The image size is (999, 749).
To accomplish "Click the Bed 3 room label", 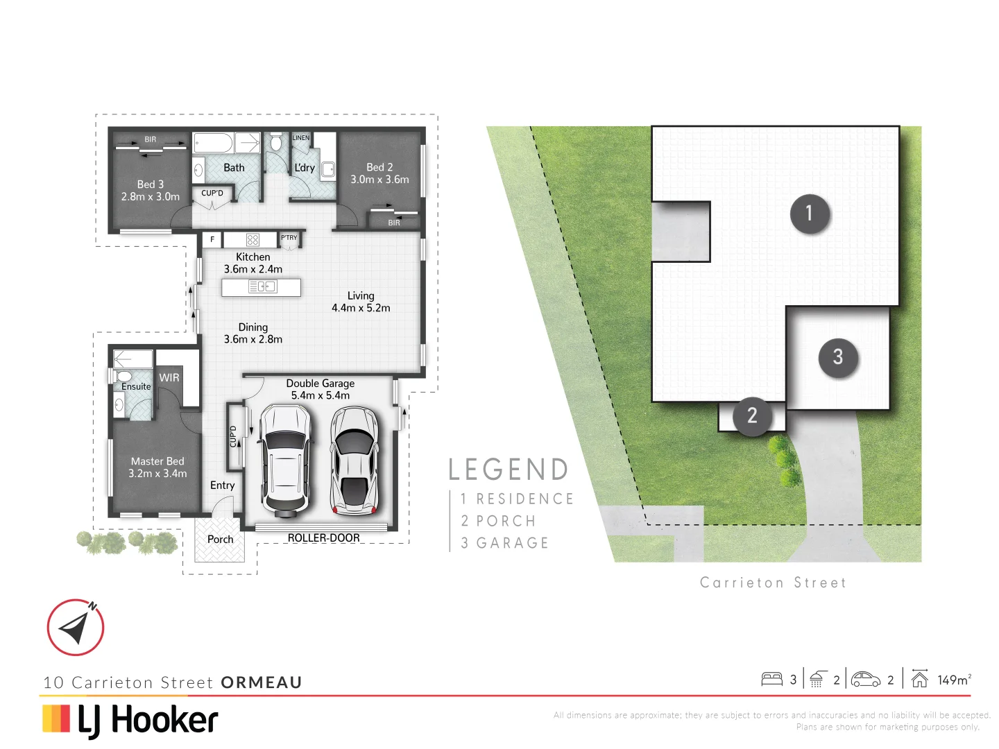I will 151,184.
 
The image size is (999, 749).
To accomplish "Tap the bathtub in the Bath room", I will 213,144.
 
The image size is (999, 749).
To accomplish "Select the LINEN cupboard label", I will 300,138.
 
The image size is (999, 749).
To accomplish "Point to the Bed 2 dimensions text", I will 379,180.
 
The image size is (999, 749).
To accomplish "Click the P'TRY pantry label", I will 289,238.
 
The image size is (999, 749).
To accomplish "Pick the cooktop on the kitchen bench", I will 253,240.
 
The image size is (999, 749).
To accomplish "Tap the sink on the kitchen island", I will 262,286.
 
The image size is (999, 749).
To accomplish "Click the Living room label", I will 361,295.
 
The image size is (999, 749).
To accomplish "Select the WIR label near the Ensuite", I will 169,378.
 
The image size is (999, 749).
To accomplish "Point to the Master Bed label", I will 157,461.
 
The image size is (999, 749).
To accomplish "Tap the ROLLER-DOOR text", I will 323,538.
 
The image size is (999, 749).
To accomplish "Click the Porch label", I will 220,540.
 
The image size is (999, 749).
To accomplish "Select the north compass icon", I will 76,628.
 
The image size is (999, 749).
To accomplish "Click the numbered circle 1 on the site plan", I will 809,214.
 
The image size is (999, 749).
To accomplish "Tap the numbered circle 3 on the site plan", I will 838,357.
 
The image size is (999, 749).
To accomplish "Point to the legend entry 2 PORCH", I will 499,521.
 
